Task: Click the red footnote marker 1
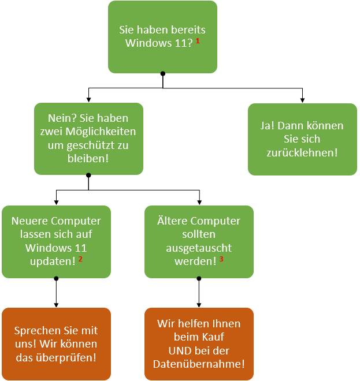[x=198, y=41]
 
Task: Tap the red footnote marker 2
[x=80, y=258]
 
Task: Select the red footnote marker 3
[x=221, y=258]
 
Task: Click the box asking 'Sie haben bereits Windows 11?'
[x=162, y=36]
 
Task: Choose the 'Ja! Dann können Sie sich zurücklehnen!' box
[x=302, y=139]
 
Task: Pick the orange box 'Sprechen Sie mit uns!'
[x=56, y=344]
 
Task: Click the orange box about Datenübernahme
[x=199, y=344]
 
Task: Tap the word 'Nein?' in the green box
[x=61, y=118]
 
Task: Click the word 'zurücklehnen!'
[x=302, y=152]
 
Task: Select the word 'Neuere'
[x=29, y=221]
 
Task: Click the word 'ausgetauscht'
[x=199, y=248]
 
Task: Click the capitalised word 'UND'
[x=179, y=350]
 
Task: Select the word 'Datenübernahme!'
[x=199, y=364]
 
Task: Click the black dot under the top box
[x=162, y=73]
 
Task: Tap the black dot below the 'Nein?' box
[x=88, y=174]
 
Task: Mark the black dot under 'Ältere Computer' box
[x=199, y=278]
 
